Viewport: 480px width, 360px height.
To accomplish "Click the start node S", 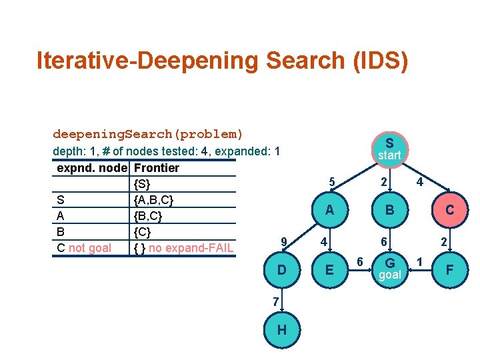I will pos(389,149).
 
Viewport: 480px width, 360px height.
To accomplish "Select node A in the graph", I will pos(329,209).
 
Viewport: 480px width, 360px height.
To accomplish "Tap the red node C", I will pos(449,209).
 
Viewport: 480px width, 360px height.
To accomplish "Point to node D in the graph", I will pos(283,270).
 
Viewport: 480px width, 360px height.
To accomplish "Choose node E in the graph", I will pos(329,270).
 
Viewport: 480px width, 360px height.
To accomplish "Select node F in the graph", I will pos(449,270).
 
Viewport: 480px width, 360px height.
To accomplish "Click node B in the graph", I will pos(389,209).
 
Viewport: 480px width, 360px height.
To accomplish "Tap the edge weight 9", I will pos(284,241).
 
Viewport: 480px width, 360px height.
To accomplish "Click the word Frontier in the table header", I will pos(156,168).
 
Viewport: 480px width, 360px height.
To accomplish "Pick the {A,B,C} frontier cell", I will pos(154,200).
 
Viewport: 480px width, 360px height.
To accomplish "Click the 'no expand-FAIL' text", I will pos(190,249).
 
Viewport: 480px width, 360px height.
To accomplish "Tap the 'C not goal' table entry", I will pos(84,249).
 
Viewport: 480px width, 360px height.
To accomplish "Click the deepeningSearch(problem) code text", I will pos(148,134).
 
